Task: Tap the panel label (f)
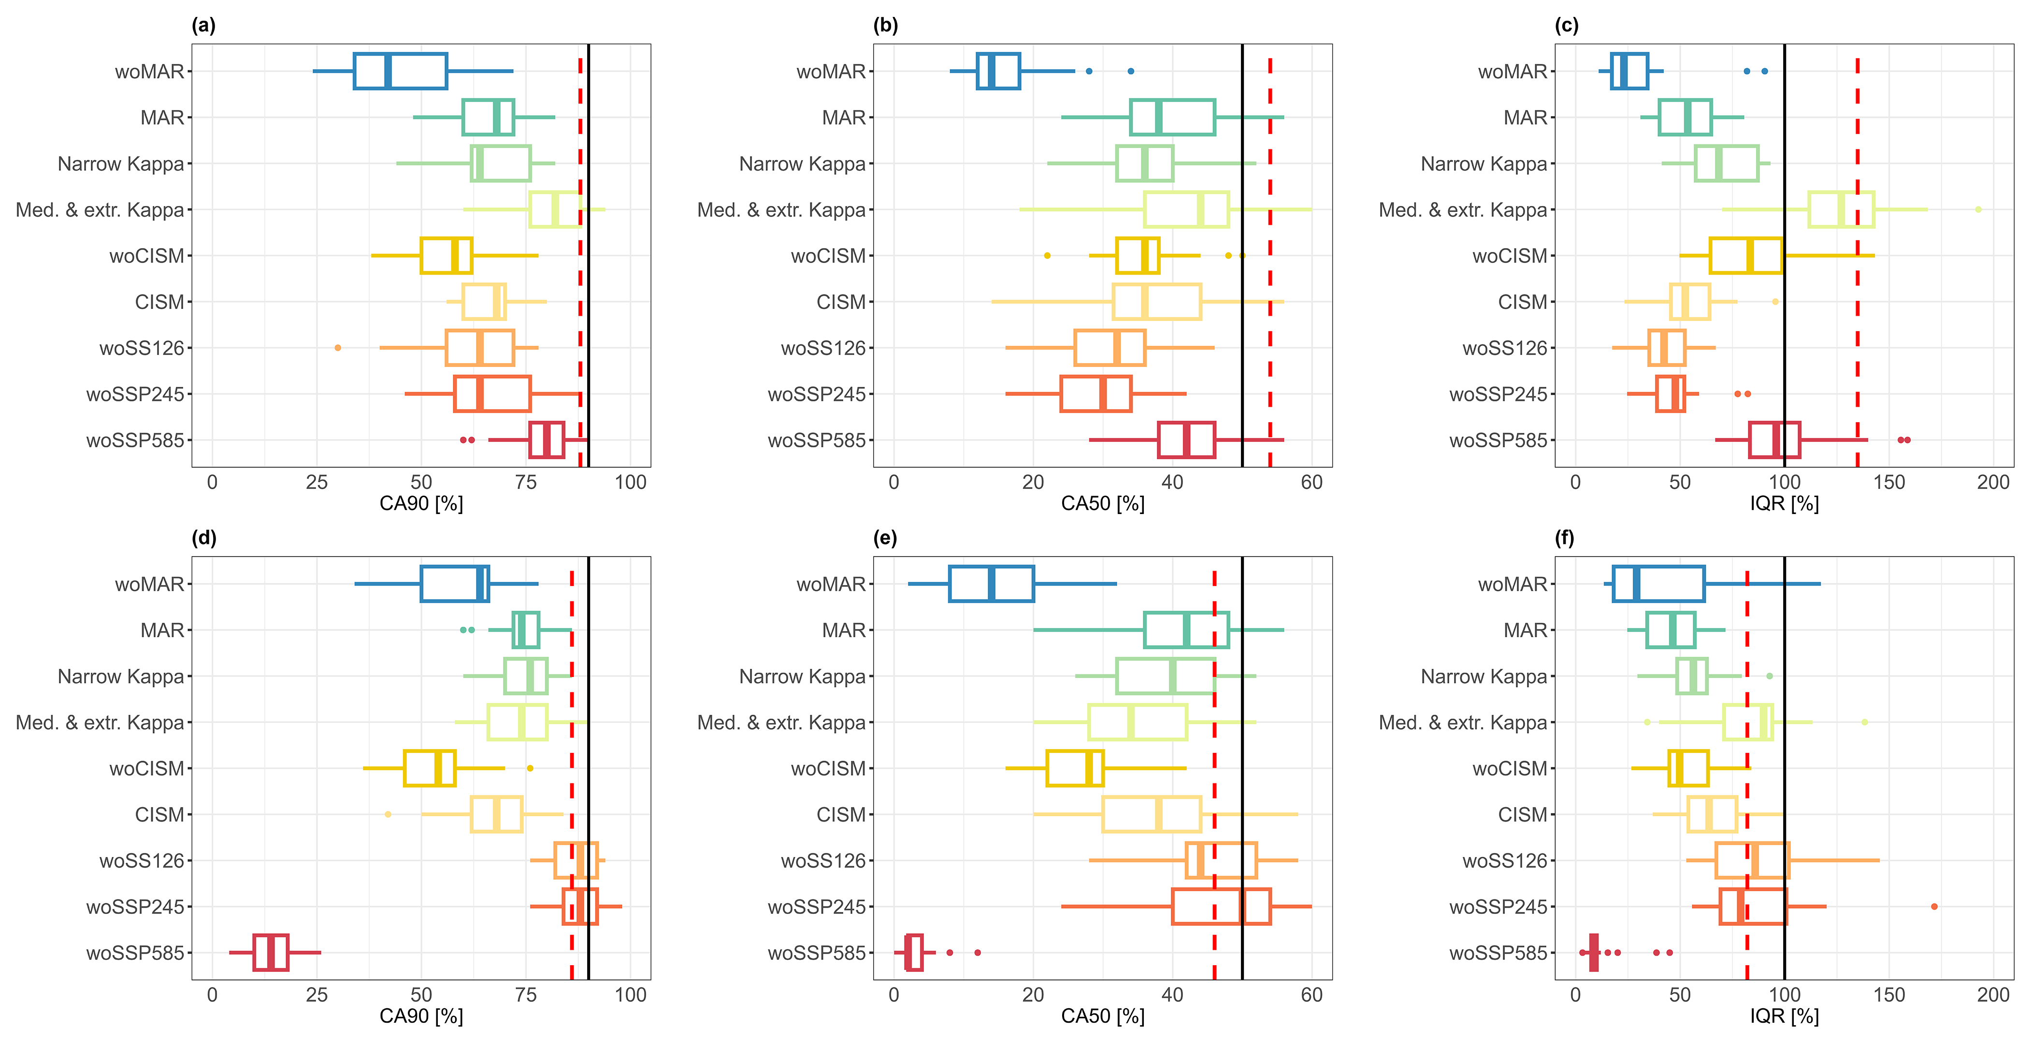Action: click(x=1564, y=538)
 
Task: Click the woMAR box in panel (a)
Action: click(x=400, y=71)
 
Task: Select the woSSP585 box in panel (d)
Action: click(x=271, y=953)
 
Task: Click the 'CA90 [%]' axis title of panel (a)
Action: click(x=421, y=503)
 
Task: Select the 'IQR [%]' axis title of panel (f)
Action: click(x=1784, y=1016)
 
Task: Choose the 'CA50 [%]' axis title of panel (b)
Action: click(x=1103, y=503)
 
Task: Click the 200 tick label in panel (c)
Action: click(x=1993, y=482)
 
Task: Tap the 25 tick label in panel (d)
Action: click(x=317, y=995)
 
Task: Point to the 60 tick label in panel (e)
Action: click(x=1312, y=995)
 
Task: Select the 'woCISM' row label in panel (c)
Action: click(x=1510, y=256)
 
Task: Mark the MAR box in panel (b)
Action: click(x=1172, y=118)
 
